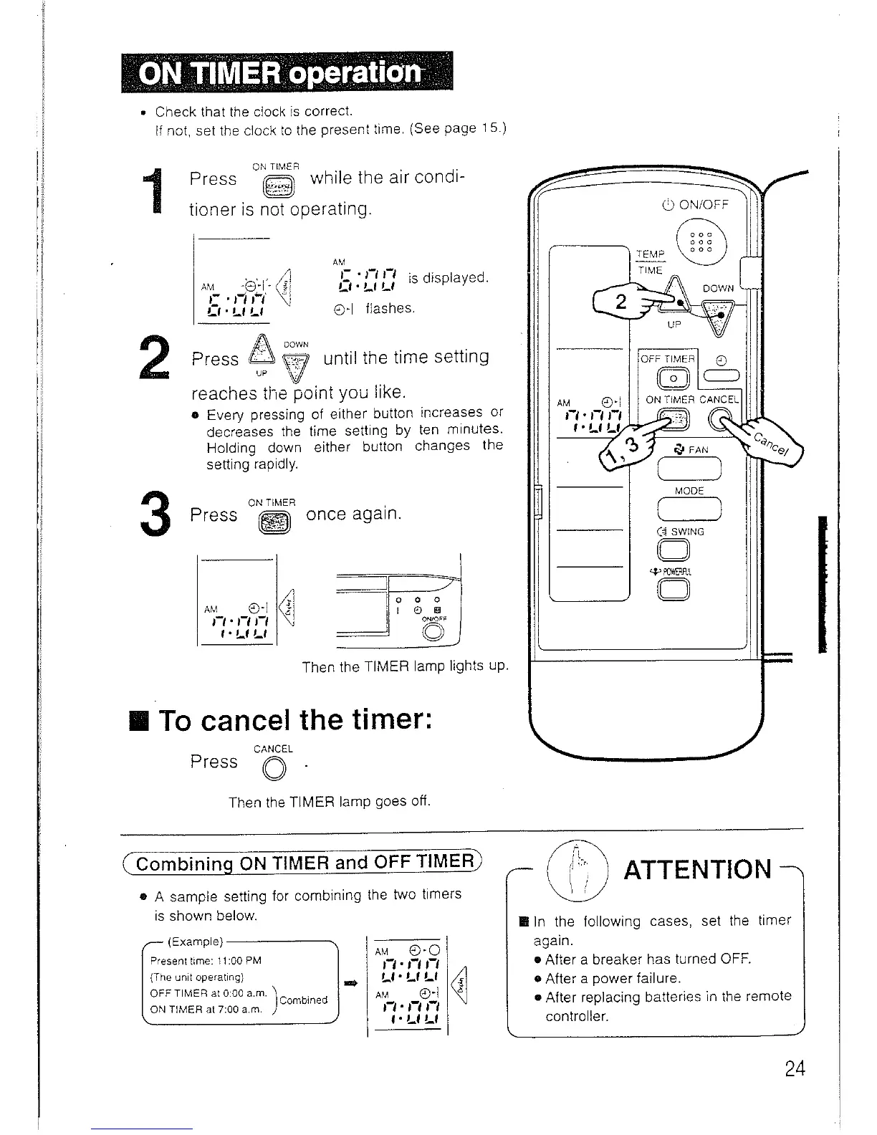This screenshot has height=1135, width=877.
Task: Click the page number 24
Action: (x=795, y=1069)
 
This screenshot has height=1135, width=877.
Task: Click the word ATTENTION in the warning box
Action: (x=698, y=869)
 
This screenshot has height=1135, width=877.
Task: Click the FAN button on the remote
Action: (x=689, y=469)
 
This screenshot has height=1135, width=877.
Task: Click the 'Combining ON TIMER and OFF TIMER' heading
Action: (x=305, y=863)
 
